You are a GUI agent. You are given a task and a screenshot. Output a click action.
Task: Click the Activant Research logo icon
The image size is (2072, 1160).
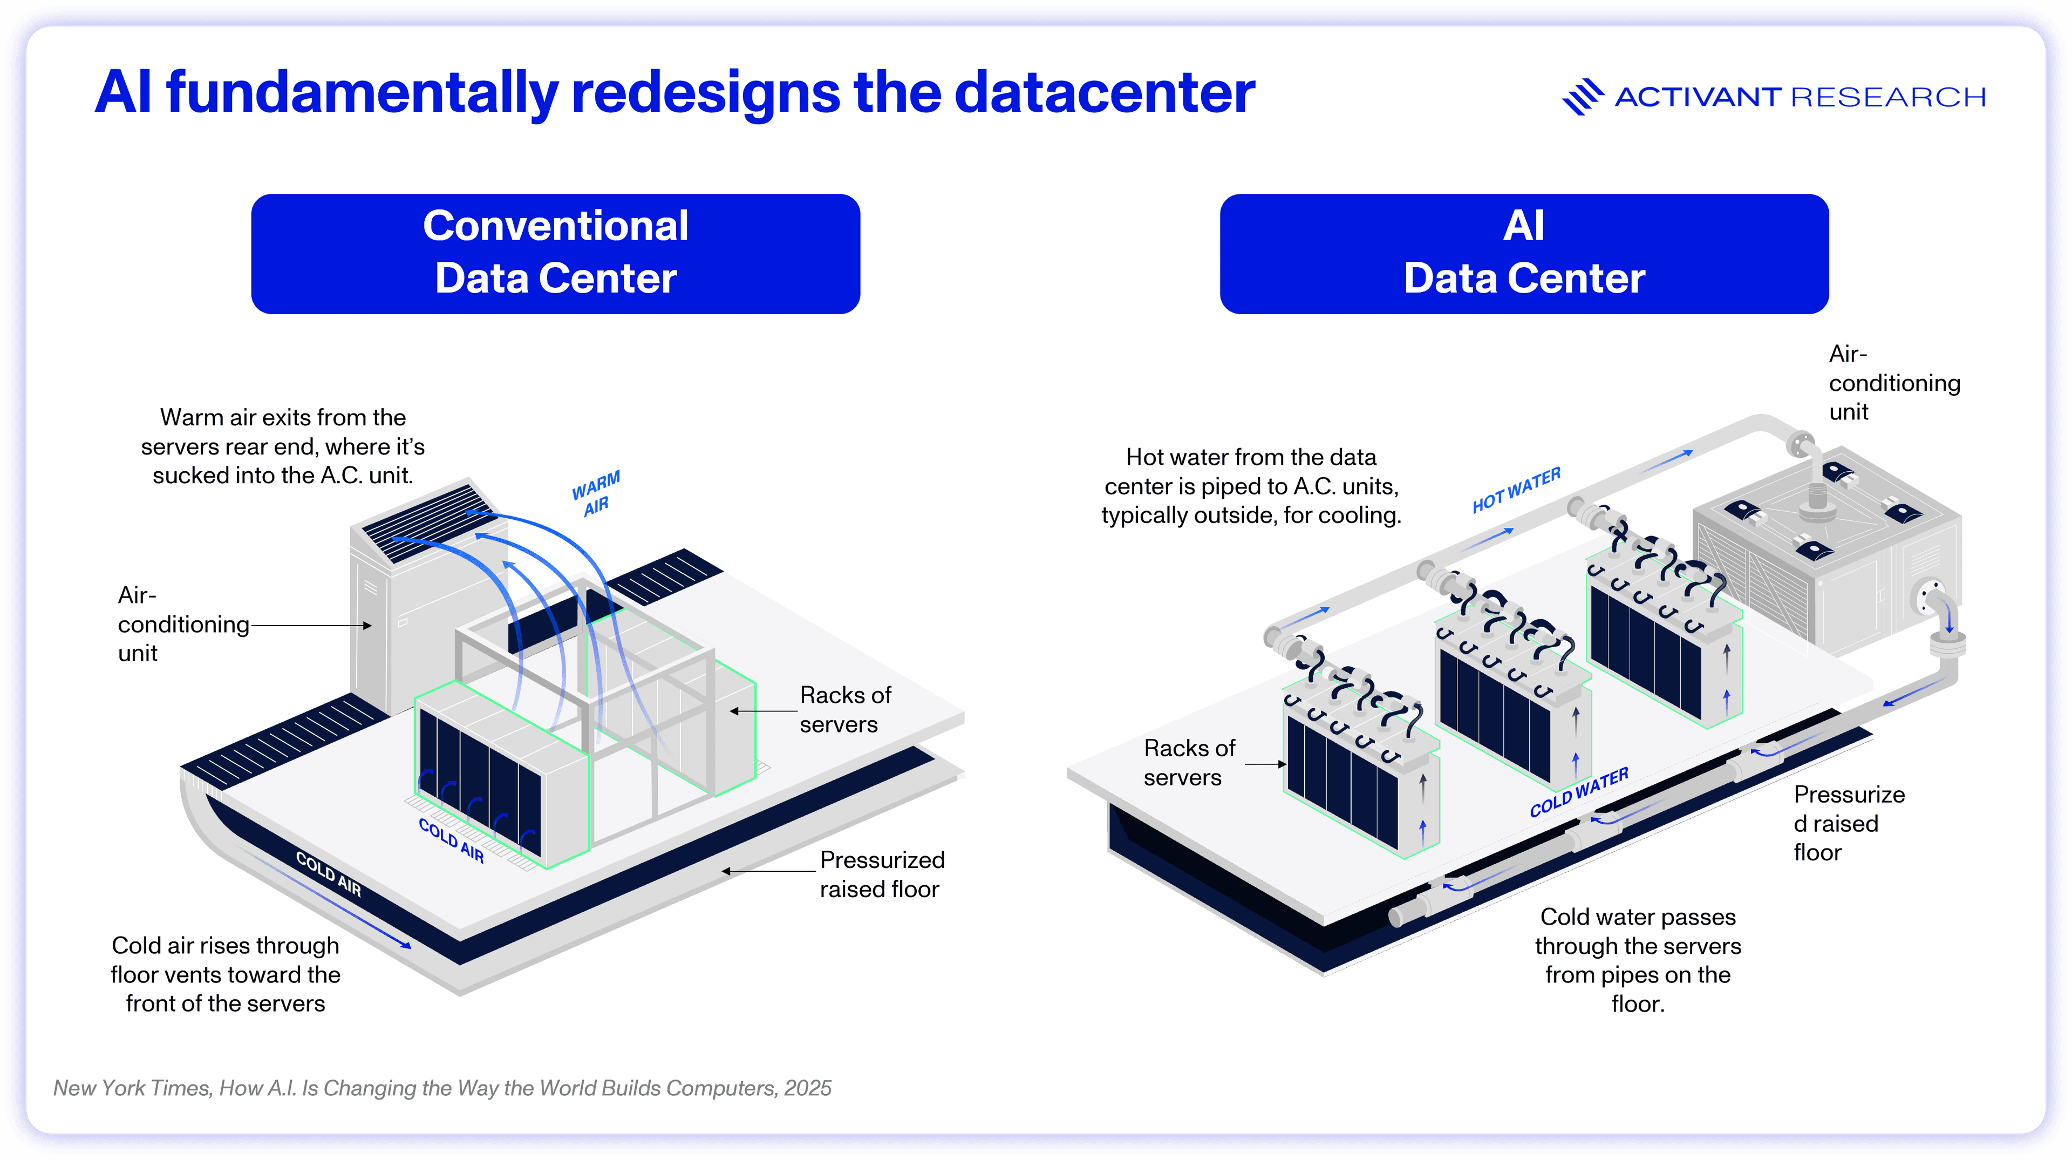[1582, 97]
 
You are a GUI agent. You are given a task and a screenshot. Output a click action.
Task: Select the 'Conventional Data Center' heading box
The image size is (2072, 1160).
[555, 253]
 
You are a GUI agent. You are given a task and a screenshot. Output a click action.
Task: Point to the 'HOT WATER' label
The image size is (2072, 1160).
[1516, 490]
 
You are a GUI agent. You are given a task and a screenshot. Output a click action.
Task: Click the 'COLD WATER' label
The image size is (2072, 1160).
[1578, 792]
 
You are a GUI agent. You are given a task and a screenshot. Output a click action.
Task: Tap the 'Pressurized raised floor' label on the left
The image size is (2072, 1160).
[882, 874]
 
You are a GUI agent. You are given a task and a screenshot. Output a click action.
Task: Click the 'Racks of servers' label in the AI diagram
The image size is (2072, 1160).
[1189, 763]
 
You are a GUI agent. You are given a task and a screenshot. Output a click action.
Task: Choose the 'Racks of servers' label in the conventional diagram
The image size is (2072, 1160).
[844, 709]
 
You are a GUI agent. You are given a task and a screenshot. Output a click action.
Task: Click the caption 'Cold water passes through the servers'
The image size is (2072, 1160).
[1638, 960]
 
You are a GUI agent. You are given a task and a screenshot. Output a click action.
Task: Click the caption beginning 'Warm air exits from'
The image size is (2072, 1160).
[282, 446]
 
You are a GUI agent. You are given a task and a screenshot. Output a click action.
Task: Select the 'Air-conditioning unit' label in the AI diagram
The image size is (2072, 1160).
[1893, 383]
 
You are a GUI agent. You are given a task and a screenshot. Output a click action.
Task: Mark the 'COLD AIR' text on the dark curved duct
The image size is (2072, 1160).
[328, 873]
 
